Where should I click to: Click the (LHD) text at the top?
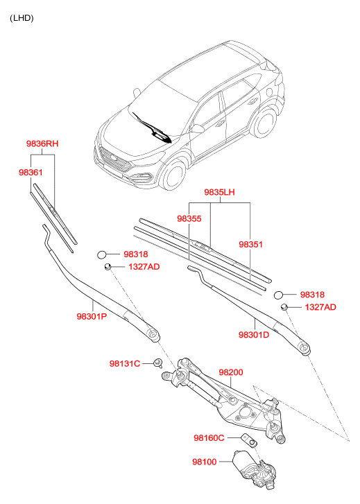pos(22,18)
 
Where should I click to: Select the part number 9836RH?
pos(42,144)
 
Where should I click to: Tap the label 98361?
pos(31,173)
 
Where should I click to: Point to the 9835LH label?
pos(219,192)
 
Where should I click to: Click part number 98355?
pos(189,219)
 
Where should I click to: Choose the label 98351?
pos(250,245)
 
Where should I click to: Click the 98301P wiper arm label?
pos(92,317)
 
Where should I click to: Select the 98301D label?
pos(254,335)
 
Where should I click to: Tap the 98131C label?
pos(125,364)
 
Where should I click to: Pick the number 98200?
pos(231,372)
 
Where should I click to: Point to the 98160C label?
pos(209,438)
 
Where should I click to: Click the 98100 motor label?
pos(205,462)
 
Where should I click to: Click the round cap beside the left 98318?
pos(102,254)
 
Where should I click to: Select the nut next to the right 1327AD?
pos(284,306)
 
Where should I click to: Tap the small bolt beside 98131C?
pos(158,363)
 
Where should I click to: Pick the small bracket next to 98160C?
pos(250,441)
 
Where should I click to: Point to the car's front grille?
pos(115,159)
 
